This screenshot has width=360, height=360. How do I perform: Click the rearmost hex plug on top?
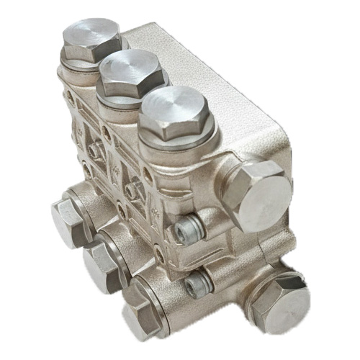[x=91, y=40]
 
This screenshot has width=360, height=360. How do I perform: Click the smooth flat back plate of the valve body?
[x=216, y=79]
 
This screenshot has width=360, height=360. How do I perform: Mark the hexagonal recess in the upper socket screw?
[x=185, y=231]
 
